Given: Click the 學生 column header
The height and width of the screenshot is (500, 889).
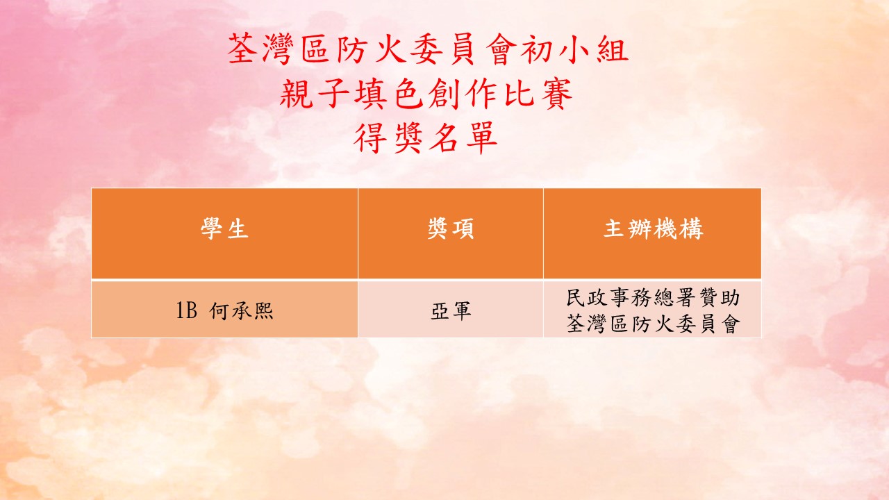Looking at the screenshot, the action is click(x=224, y=228).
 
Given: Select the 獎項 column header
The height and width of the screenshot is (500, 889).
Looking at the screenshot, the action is click(x=451, y=228).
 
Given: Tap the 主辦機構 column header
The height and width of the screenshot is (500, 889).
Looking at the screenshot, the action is click(x=653, y=228).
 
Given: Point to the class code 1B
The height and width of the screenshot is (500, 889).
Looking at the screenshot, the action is click(x=187, y=310).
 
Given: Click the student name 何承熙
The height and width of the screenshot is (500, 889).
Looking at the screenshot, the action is click(x=242, y=310).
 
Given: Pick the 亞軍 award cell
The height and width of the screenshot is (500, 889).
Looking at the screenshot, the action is click(x=451, y=310).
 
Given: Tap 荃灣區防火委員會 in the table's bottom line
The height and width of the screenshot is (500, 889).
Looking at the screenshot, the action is click(x=653, y=324).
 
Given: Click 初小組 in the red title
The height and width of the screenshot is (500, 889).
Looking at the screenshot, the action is click(x=574, y=49).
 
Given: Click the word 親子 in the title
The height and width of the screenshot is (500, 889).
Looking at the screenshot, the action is click(x=315, y=94).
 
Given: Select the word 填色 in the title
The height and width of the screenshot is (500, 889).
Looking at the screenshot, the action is click(x=389, y=94).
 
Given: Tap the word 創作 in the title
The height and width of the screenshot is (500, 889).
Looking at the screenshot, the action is click(x=463, y=94).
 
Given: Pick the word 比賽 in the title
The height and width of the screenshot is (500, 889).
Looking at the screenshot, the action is click(x=538, y=94).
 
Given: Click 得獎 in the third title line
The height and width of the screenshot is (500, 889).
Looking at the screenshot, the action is click(x=388, y=138).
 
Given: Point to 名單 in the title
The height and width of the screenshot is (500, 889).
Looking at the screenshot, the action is click(x=463, y=138).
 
